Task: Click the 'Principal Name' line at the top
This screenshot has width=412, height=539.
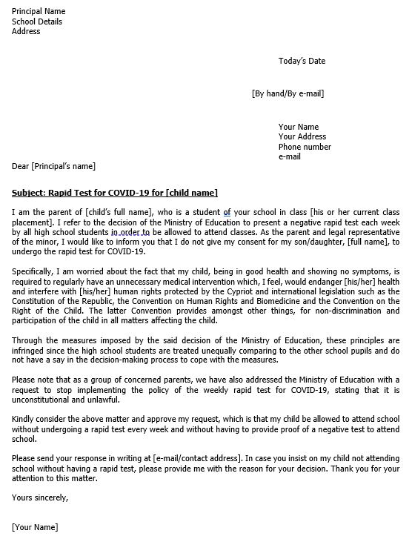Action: point(39,12)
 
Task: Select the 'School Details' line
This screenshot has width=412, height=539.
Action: point(37,22)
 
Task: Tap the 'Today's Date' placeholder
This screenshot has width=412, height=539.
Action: point(302,61)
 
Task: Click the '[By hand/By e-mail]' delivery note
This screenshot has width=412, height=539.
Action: point(288,93)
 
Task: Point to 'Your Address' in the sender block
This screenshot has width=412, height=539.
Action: point(302,137)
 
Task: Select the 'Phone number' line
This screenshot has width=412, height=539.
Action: point(305,147)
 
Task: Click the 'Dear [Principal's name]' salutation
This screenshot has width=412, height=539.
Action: point(53,166)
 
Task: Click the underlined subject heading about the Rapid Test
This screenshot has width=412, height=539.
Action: point(115,194)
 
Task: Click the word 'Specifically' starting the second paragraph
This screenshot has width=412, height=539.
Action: point(33,272)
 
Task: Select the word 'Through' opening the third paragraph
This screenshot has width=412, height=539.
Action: point(27,340)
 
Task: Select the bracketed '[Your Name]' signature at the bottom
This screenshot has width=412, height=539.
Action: point(35,527)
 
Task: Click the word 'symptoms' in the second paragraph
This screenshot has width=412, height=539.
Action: point(377,272)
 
